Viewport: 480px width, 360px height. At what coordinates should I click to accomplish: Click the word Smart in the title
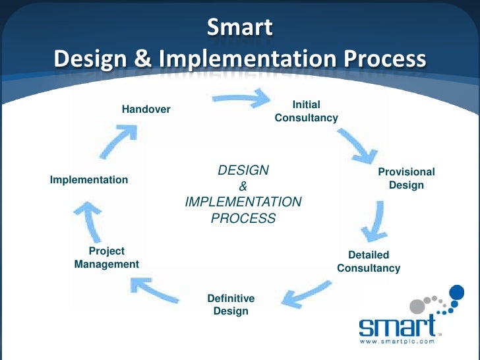coord(239,27)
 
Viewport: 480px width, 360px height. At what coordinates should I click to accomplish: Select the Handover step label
coord(146,109)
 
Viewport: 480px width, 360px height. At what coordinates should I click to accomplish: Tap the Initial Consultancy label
coord(306,111)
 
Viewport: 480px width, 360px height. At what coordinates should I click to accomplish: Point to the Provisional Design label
coord(406,178)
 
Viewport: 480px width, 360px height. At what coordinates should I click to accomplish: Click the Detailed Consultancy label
coord(369,262)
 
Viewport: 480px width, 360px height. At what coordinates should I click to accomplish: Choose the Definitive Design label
coord(231,305)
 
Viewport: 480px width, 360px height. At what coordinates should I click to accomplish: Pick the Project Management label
coord(106,258)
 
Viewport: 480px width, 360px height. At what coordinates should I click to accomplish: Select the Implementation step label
coord(89,179)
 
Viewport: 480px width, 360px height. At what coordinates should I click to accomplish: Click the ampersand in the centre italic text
coord(243,187)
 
